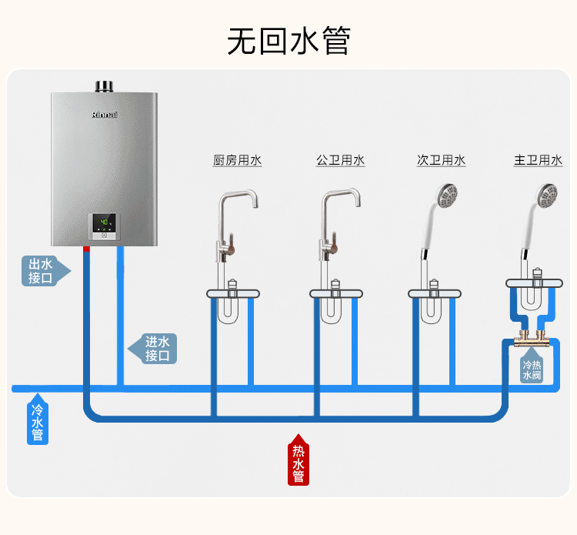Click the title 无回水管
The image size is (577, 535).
click(288, 41)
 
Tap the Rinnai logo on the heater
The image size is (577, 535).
click(105, 115)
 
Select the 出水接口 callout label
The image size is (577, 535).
click(42, 271)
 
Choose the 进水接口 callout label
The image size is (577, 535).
click(155, 349)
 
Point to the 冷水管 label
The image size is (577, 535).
click(37, 420)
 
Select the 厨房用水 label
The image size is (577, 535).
click(237, 160)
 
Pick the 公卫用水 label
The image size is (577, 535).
click(340, 160)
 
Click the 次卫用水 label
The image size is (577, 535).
click(441, 160)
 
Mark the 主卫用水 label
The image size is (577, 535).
click(538, 160)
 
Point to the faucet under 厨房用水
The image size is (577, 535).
click(231, 223)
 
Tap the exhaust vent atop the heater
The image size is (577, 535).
click(105, 85)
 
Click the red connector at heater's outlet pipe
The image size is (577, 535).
click(87, 249)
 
